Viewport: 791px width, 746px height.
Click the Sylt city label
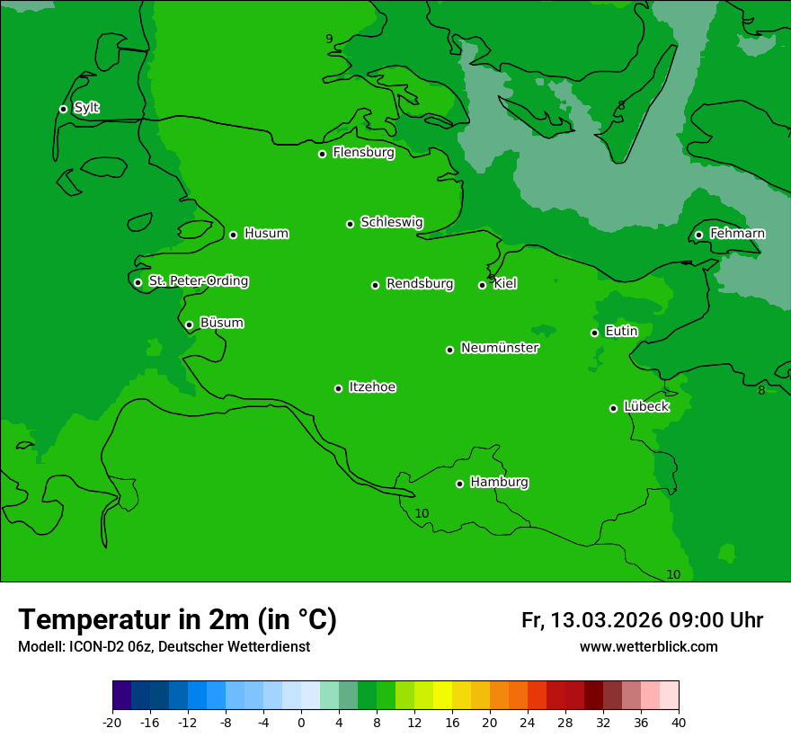(86, 108)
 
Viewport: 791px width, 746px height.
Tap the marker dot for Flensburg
(322, 154)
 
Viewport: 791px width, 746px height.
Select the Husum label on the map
(266, 234)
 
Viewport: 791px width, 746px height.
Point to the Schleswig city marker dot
(350, 224)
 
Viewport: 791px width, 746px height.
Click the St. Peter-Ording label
(198, 281)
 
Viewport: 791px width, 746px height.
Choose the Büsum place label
(221, 323)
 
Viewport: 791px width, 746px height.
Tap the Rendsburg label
(420, 284)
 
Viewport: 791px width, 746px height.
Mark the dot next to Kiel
(482, 285)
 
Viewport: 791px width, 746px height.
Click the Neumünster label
(500, 348)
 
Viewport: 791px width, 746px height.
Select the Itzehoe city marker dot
(338, 388)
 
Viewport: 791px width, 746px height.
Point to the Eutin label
(621, 332)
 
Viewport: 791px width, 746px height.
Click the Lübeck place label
(646, 406)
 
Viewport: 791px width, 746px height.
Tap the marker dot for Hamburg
(459, 484)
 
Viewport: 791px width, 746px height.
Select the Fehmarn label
(737, 234)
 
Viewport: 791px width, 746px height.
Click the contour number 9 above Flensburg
(329, 39)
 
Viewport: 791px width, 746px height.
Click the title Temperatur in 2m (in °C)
(177, 619)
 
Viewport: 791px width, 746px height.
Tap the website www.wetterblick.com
(648, 646)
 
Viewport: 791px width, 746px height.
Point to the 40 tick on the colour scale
(679, 722)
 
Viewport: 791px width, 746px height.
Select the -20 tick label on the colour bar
(112, 722)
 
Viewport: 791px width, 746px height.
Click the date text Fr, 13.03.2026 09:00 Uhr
(642, 620)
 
